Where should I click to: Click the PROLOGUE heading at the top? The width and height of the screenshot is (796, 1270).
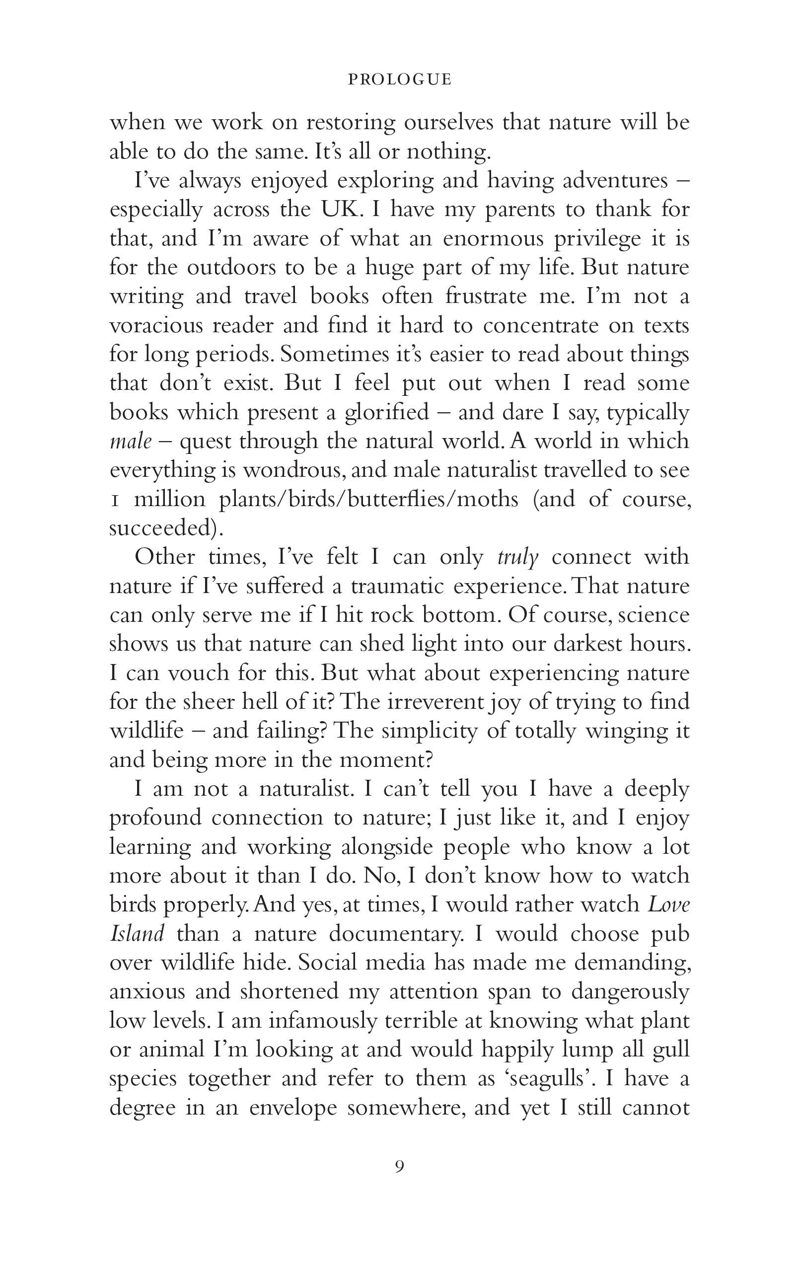tap(400, 79)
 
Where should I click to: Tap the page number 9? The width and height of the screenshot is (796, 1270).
tap(400, 1166)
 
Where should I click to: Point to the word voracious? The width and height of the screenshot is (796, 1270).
tap(154, 325)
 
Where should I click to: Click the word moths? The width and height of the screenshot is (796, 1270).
tap(488, 499)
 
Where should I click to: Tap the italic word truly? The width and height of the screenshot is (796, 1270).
tap(517, 557)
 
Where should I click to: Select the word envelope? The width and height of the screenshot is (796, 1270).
tap(292, 1107)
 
